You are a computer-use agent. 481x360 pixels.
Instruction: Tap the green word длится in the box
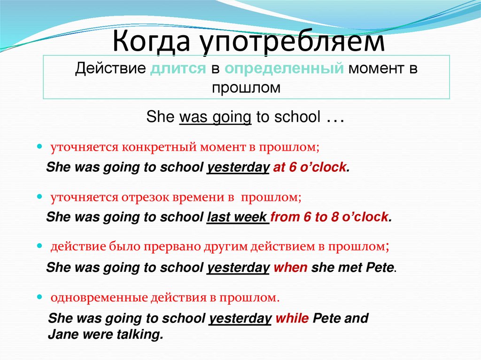(x=178, y=69)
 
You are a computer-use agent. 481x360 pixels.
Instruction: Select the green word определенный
(x=282, y=69)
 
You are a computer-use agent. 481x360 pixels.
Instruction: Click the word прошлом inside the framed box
(x=246, y=87)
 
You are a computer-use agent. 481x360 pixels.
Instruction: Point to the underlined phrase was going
(x=216, y=117)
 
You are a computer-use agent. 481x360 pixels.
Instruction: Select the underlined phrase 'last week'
(x=237, y=217)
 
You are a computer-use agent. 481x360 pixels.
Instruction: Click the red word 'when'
(x=290, y=268)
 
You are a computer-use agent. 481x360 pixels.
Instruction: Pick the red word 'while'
(x=292, y=319)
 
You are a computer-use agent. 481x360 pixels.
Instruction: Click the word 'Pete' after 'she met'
(x=379, y=268)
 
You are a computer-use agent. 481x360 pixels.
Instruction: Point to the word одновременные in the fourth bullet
(x=99, y=298)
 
